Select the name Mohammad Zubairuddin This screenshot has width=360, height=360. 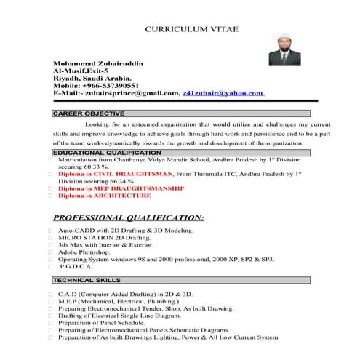coord(97,64)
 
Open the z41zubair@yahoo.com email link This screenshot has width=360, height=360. coord(223,93)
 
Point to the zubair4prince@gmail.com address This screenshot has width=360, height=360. coord(131,93)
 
